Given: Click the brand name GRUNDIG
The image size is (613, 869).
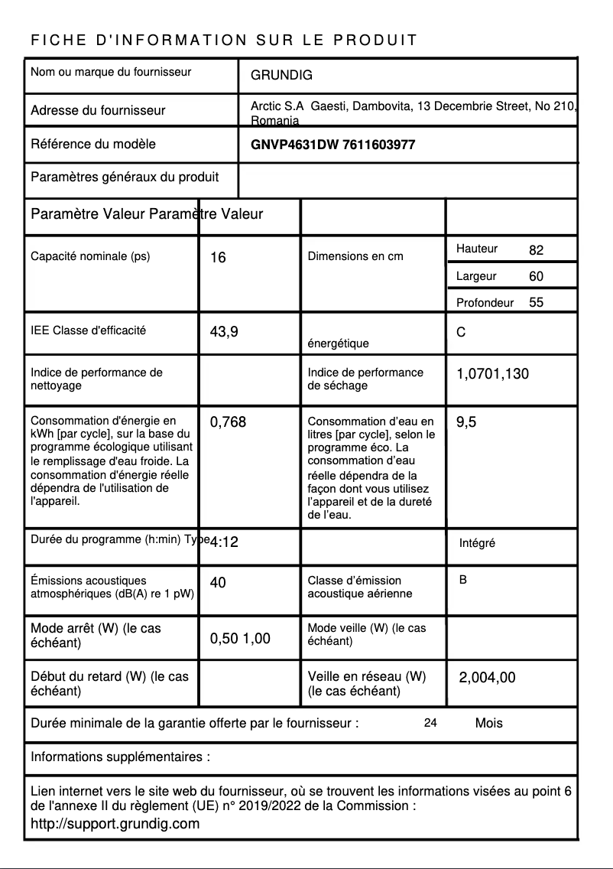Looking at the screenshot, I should pos(281,76).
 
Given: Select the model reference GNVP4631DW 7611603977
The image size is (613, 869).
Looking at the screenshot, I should pos(332,145).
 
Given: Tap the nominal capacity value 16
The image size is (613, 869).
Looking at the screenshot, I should pos(218,258).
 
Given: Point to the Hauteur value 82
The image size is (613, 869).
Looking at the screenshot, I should pos(536,250).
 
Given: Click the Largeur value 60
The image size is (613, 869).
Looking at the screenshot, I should pos(536,276).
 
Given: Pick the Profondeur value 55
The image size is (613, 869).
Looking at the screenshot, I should pos(536,302).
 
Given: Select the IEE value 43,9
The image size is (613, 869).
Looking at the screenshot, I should pos(224,332).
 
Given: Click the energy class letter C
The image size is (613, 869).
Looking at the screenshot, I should pos(461,333).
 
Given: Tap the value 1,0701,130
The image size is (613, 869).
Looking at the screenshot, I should pos(492,374).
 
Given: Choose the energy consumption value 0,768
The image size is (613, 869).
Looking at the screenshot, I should pos(228,421).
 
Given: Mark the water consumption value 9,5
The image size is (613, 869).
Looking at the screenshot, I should pos(466,421).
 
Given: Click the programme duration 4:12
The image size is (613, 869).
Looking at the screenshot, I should pos(224,542).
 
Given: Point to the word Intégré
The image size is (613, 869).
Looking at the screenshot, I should pos(477,543).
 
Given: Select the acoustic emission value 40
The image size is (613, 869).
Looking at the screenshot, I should pos(218,583).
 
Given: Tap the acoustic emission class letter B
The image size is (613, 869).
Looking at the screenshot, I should pos(463,580).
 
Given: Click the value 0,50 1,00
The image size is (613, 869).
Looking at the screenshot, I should pos(240,639).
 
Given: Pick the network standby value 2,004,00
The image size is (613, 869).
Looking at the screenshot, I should pos(487,677).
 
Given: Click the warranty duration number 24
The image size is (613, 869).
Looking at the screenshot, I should pos(430,723).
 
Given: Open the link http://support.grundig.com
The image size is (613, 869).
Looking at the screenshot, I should pos(115,824).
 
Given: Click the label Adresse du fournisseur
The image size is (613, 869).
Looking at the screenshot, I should pos(98,110).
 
